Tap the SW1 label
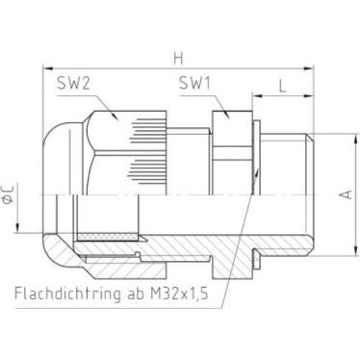pos(196,85)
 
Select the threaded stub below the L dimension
pos(284,183)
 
